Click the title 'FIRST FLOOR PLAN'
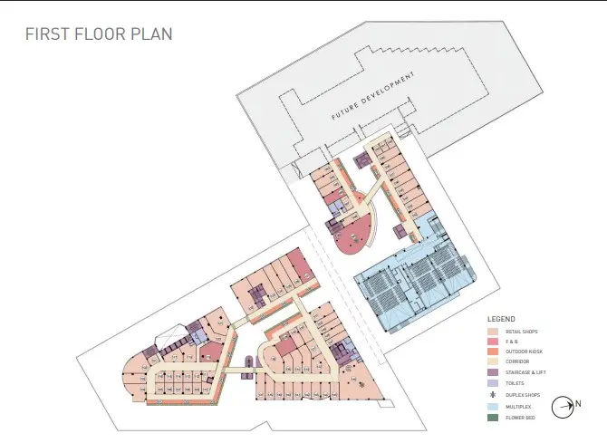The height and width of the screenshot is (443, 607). pyautogui.click(x=98, y=34)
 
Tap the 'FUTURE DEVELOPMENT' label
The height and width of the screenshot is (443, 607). pyautogui.click(x=372, y=97)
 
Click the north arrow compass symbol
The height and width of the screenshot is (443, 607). pyautogui.click(x=564, y=409)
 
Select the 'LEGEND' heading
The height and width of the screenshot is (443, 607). pyautogui.click(x=501, y=320)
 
